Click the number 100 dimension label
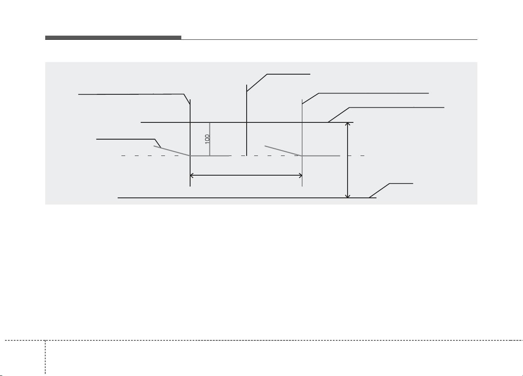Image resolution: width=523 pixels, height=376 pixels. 207,139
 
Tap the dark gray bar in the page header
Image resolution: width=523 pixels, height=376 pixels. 113,38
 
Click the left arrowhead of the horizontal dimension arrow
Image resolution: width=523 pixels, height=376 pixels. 192,175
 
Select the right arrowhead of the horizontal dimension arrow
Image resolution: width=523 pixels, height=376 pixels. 301,175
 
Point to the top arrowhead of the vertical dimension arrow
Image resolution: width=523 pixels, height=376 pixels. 348,124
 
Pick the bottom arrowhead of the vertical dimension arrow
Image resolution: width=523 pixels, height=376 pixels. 348,196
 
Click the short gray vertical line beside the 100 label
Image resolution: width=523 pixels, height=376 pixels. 210,139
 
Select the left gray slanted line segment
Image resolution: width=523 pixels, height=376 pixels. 172,151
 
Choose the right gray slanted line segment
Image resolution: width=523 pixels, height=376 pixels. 283,151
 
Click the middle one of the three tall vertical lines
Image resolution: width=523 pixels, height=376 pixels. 247,120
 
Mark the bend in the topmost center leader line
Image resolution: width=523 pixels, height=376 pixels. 267,74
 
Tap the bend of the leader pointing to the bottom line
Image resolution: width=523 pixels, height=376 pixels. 389,184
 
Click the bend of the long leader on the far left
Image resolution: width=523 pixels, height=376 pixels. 184,94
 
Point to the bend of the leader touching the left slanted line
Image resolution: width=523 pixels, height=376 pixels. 155,139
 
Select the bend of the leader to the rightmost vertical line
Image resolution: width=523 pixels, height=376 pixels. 319,93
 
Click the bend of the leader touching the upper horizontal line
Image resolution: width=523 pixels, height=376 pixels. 350,107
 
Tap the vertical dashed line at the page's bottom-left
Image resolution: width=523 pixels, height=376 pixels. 45,358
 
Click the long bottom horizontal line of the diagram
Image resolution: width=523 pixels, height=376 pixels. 247,198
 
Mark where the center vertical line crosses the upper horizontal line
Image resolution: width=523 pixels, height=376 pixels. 247,122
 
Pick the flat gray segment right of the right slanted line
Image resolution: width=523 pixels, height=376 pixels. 321,156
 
